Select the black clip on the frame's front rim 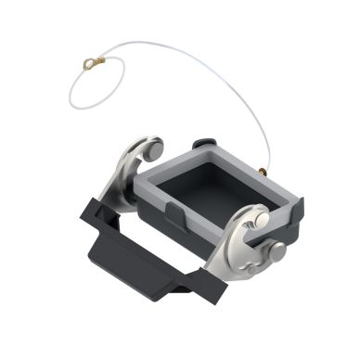pos(175,215)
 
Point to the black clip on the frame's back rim pos(200,144)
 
